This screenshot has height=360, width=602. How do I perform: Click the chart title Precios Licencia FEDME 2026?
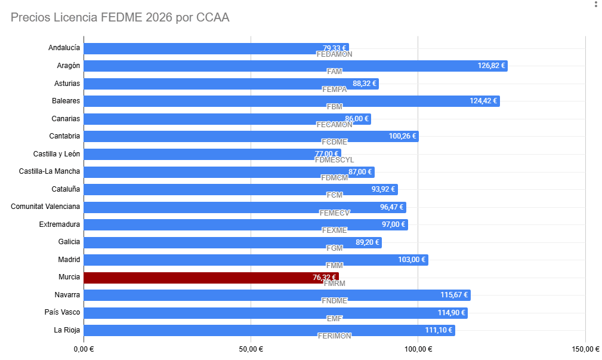coord(120,17)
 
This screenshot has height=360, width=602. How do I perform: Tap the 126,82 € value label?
coord(491,66)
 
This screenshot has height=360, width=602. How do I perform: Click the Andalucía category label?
coord(64,48)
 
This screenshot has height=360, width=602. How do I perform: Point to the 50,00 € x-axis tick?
coord(251,349)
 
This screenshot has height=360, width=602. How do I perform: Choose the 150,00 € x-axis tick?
coord(585,349)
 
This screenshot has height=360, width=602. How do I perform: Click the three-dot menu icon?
coord(595,5)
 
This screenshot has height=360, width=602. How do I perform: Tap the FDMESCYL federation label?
coord(334,160)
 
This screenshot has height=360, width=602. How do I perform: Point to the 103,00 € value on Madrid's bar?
coord(412,260)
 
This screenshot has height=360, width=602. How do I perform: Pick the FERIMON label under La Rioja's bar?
coord(334,336)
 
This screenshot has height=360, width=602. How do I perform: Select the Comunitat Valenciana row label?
coord(45,207)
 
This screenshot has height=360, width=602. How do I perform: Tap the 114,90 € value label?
coord(451,313)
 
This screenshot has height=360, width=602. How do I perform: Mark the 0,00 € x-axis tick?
coord(84,349)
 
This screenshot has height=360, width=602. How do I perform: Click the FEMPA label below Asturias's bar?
coord(334,89)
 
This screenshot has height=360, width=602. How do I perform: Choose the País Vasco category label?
coord(62,312)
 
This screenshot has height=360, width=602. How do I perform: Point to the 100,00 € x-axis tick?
coord(418,349)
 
